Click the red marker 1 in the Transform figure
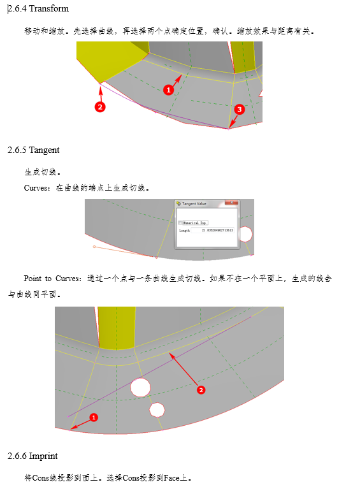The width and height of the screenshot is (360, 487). [168, 90]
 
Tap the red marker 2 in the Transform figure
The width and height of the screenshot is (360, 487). [100, 107]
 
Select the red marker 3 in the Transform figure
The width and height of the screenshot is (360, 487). [239, 110]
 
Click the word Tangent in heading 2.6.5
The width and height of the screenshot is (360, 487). [45, 150]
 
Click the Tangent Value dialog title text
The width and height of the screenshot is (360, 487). [194, 203]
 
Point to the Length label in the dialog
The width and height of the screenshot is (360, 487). [184, 230]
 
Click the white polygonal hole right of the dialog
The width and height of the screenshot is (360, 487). [245, 233]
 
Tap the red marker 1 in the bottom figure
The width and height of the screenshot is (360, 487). [94, 418]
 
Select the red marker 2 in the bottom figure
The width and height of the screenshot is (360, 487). [201, 389]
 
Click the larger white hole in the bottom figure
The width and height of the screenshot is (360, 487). [140, 386]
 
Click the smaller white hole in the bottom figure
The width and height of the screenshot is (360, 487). [157, 409]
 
